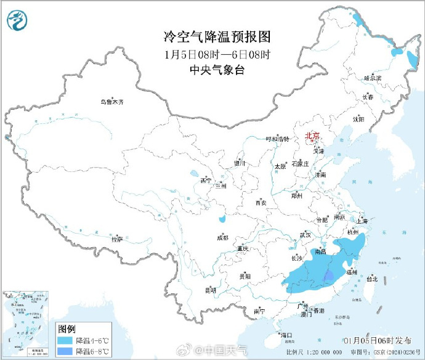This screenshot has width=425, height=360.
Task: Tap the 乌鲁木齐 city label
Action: tap(112, 102)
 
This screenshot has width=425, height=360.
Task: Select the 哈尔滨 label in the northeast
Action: tap(373, 78)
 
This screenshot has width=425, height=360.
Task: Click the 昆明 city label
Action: tap(211, 290)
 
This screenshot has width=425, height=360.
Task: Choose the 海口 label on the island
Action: tap(286, 335)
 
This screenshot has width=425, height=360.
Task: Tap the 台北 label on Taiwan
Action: tap(372, 279)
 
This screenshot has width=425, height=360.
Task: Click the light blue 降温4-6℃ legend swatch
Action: tap(64, 340)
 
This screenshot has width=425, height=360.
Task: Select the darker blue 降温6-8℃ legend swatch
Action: tap(64, 351)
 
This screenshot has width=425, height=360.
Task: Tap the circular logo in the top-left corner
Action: tap(18, 22)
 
